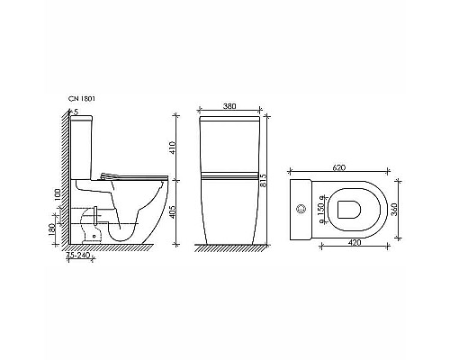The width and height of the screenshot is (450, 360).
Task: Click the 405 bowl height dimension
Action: [x=183, y=212]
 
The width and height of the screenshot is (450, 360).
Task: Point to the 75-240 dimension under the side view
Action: [x=78, y=254]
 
